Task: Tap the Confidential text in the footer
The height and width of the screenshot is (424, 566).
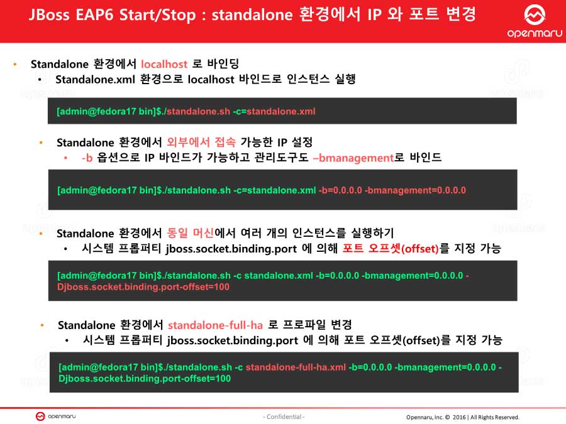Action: [283, 417]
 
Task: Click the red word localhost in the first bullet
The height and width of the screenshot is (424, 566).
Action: [164, 64]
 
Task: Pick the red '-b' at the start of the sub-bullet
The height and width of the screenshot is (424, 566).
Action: [87, 158]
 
